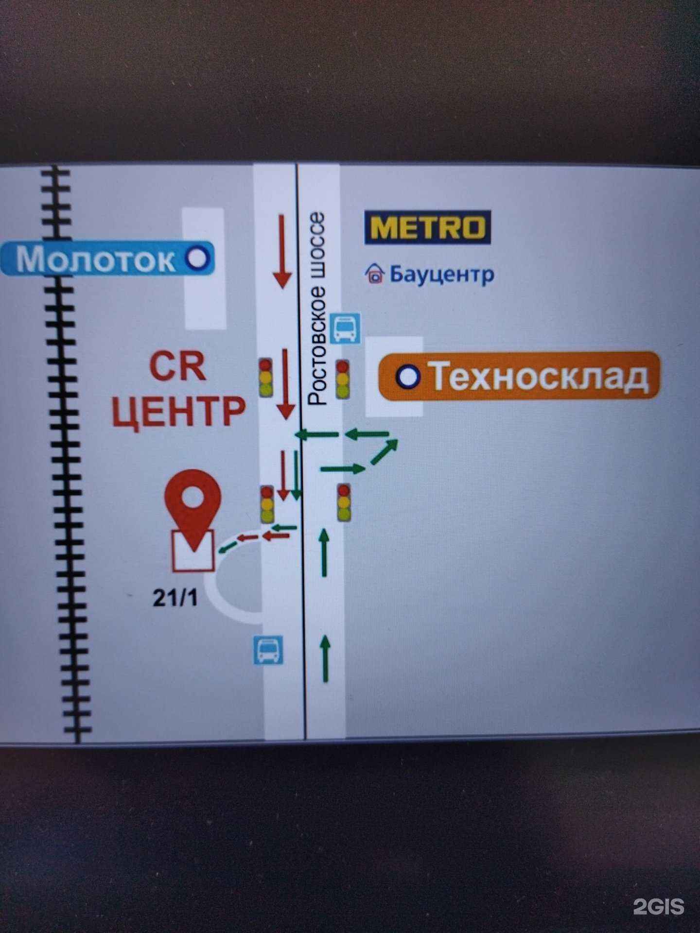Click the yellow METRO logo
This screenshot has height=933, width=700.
tap(428, 227)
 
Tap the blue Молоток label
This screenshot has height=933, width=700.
tap(107, 259)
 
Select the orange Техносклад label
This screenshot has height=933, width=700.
tap(519, 376)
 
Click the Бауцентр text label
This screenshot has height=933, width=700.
tap(441, 274)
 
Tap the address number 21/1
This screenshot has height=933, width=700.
tap(175, 598)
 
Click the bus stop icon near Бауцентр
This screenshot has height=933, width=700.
tap(346, 328)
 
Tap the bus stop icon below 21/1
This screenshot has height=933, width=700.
tap(268, 651)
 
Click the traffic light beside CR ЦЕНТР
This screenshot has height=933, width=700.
tap(265, 378)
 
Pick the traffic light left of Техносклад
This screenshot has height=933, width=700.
tap(343, 379)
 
